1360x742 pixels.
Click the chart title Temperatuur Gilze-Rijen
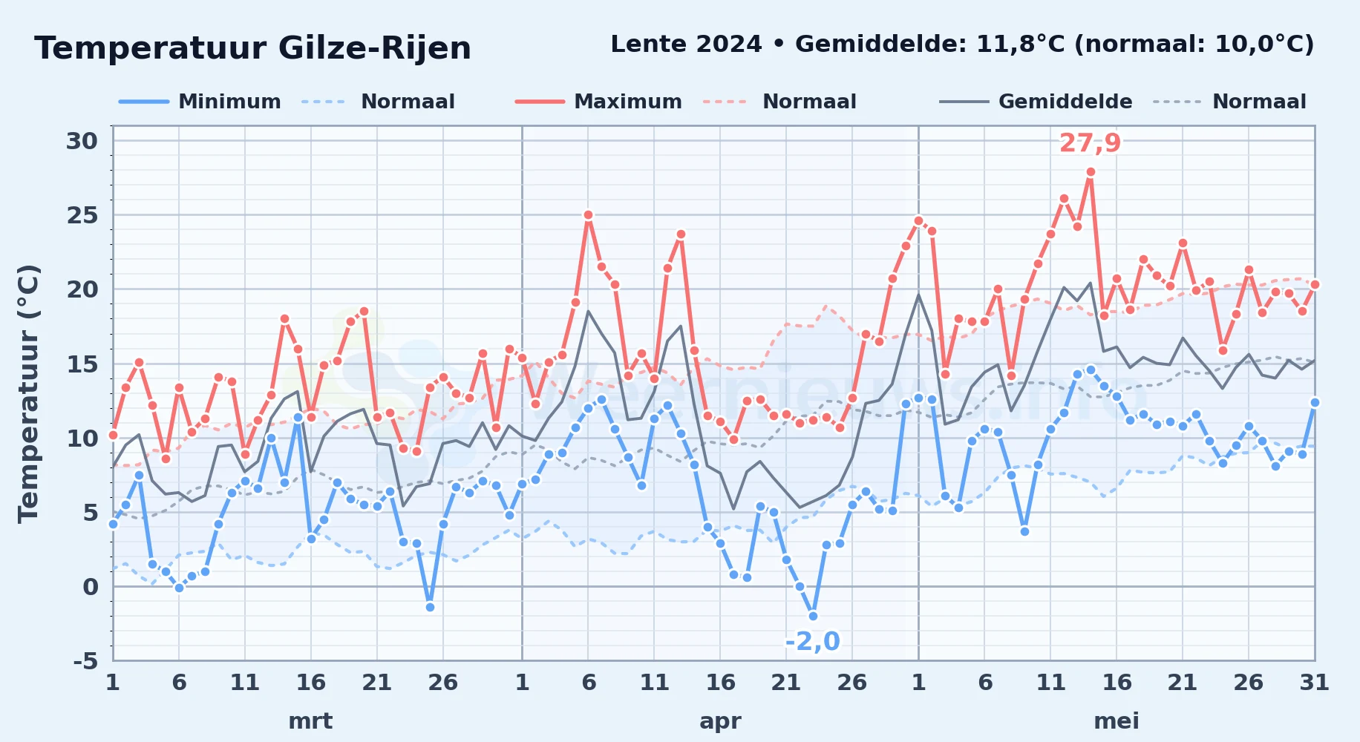click(x=252, y=48)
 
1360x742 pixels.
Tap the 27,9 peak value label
click(x=1090, y=142)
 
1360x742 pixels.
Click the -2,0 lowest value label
click(x=812, y=641)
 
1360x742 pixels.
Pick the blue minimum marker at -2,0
click(x=813, y=616)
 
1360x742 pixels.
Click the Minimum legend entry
click(x=200, y=102)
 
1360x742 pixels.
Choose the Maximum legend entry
click(x=598, y=102)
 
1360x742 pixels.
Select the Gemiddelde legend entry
click(x=1036, y=102)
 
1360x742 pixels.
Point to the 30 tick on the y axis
click(x=82, y=141)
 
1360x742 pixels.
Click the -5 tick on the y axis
click(x=85, y=660)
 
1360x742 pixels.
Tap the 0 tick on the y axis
click(x=91, y=587)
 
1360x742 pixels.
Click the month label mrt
click(x=310, y=721)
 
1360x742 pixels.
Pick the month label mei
click(x=1117, y=721)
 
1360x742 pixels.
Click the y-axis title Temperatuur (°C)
click(x=28, y=394)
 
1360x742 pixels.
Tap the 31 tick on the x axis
click(x=1314, y=683)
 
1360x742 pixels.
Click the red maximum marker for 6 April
click(x=588, y=215)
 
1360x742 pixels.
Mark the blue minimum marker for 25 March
click(x=430, y=607)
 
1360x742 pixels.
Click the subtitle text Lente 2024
click(x=686, y=45)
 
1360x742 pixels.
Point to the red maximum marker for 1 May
click(x=918, y=220)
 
